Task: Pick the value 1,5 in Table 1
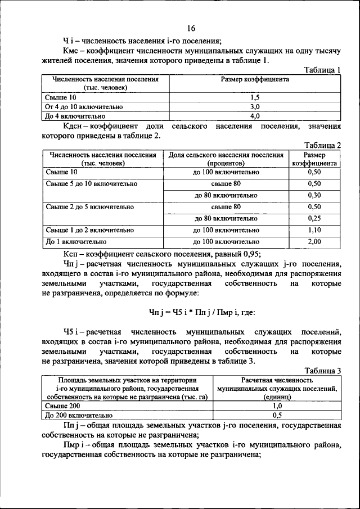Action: (x=255, y=97)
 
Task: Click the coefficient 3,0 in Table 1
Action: (x=255, y=106)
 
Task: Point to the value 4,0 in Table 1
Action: (x=255, y=116)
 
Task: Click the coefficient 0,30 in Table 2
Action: (x=314, y=195)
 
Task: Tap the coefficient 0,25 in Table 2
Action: (x=314, y=218)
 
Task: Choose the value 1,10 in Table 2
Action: (x=314, y=230)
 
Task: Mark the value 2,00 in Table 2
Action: (x=314, y=242)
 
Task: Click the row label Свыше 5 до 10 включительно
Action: (x=92, y=184)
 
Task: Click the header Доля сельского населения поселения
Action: (x=226, y=155)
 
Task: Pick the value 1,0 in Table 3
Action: (x=277, y=406)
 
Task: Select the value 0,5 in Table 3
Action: (x=277, y=415)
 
